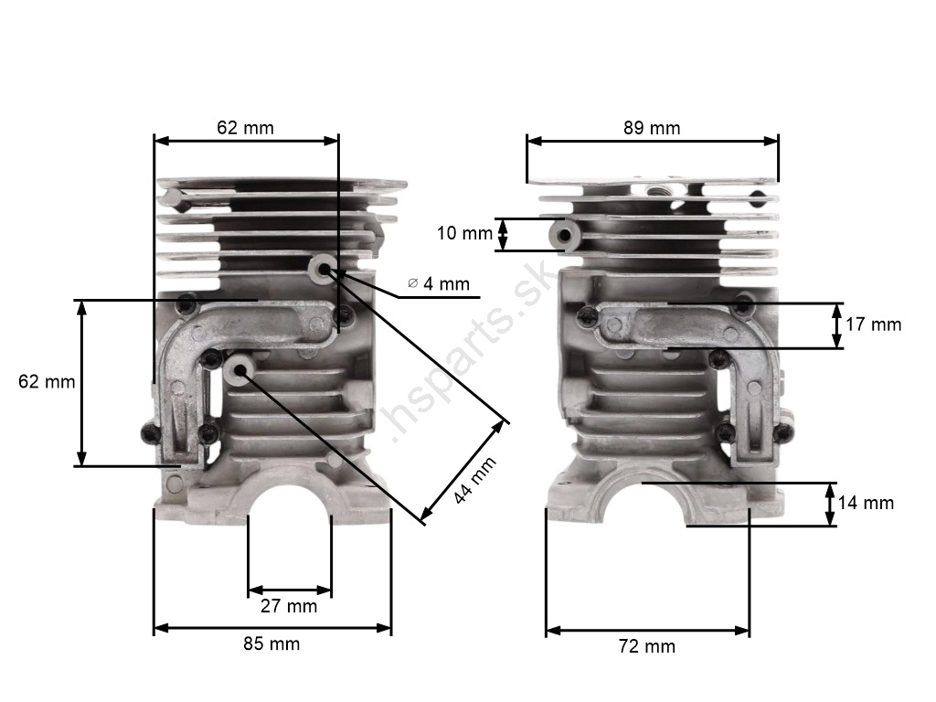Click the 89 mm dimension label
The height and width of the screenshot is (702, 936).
tap(652, 128)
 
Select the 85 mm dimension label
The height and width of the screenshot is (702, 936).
tap(271, 643)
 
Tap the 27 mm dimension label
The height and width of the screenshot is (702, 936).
tap(289, 606)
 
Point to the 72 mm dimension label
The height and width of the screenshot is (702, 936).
tap(647, 646)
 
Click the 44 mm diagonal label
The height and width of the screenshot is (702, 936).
tap(474, 481)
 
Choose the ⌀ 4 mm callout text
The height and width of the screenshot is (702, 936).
tap(439, 283)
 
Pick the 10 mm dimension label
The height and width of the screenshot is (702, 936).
tap(464, 233)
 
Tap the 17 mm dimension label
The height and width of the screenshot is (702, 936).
tap(873, 324)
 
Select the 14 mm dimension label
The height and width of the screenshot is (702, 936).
tap(866, 503)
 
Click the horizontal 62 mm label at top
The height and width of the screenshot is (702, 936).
tap(245, 128)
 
